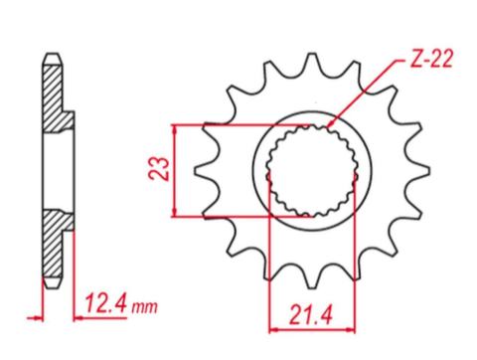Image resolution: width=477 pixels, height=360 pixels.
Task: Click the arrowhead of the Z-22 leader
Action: pyautogui.click(x=330, y=127)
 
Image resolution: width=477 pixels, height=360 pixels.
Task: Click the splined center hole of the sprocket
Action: pyautogui.click(x=312, y=171)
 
